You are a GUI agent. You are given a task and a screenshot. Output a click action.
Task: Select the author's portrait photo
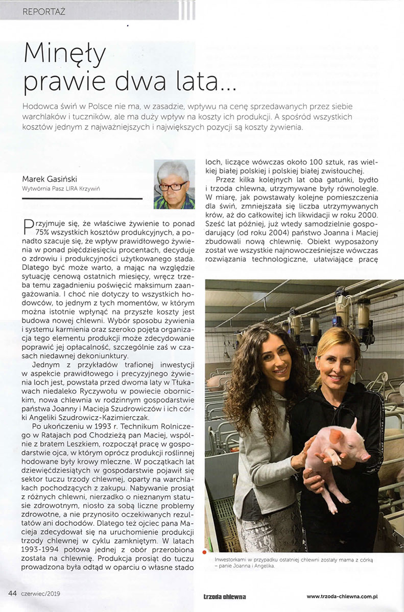pos(174,184)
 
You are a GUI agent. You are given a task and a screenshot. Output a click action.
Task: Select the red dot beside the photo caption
pos(205,552)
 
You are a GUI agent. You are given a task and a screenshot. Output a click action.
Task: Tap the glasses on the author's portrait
pos(174,186)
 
